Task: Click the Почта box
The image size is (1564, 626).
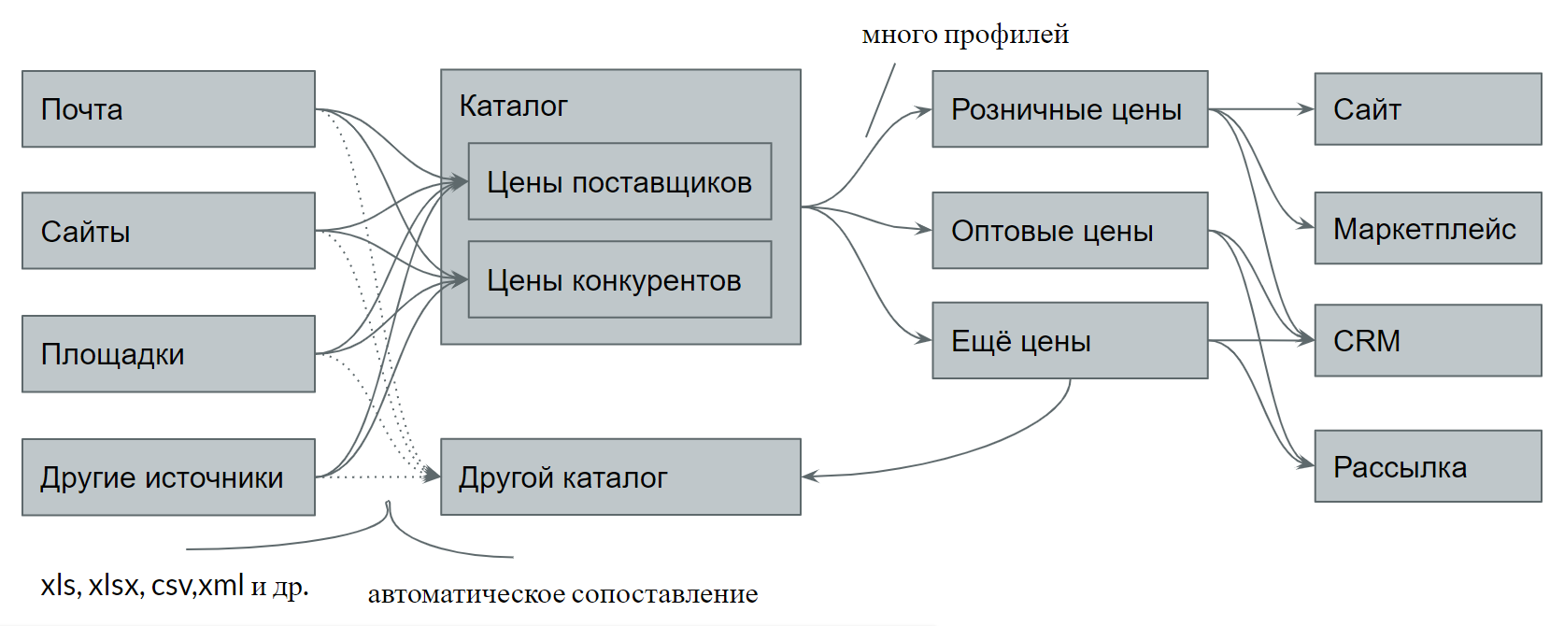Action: [168, 109]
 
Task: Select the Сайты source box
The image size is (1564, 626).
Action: [168, 231]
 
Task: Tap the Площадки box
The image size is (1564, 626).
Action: [168, 354]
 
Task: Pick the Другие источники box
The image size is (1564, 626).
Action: [168, 477]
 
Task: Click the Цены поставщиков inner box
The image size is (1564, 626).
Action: [619, 182]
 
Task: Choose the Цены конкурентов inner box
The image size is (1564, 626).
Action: [619, 280]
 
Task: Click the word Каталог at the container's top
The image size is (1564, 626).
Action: [513, 107]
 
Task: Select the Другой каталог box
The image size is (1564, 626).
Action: [620, 477]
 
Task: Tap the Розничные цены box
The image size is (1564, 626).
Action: [1070, 109]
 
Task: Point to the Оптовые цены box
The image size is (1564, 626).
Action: [1070, 231]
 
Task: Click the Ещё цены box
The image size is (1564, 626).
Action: [1070, 341]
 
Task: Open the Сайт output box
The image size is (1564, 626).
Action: [1428, 109]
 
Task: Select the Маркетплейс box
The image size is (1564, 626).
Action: [1428, 229]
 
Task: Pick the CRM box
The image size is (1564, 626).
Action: [1428, 341]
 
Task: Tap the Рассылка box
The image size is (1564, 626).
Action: [1428, 466]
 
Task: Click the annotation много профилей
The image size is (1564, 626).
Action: [965, 36]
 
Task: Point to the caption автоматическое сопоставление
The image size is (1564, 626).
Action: [562, 594]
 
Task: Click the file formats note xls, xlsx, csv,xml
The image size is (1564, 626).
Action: [174, 586]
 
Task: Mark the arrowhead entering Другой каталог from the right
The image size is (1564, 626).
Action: [809, 477]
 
